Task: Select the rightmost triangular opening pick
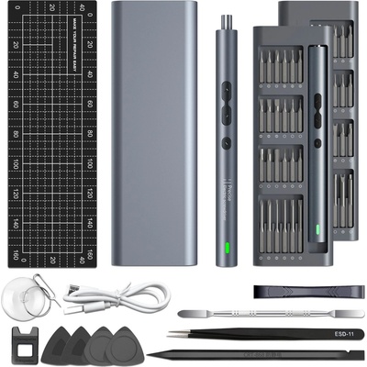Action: (125, 348)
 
